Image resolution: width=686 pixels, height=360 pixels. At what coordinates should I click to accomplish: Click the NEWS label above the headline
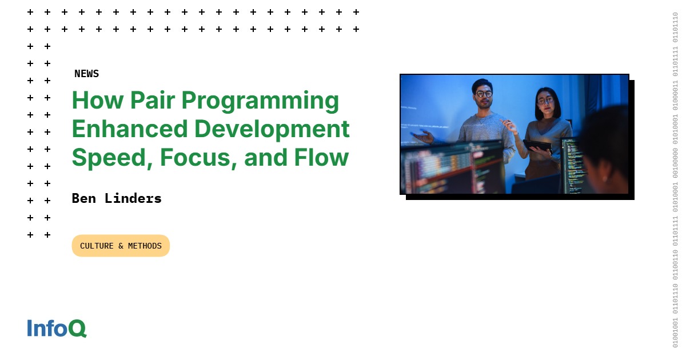click(86, 74)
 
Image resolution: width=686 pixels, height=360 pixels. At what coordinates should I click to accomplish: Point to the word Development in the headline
click(269, 129)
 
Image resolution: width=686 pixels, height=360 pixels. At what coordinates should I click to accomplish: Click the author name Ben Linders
click(117, 198)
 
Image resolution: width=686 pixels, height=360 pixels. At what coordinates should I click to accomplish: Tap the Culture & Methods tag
click(121, 246)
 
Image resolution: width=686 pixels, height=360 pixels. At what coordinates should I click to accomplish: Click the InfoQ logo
click(57, 328)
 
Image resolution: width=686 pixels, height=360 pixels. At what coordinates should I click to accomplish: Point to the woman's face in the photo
click(545, 103)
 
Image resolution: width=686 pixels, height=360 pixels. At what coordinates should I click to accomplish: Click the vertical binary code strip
click(675, 180)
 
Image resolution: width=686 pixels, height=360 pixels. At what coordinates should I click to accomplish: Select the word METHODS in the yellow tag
click(145, 246)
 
